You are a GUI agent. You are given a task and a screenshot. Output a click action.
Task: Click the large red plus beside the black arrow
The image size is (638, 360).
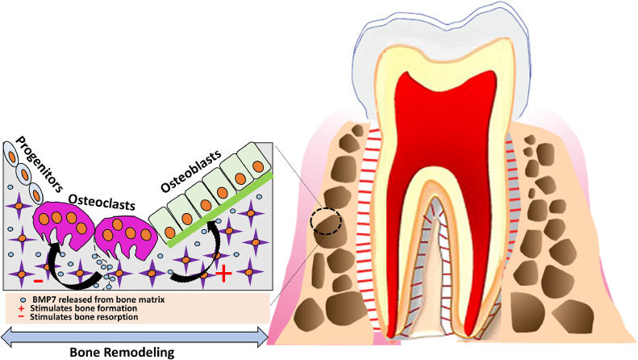224,274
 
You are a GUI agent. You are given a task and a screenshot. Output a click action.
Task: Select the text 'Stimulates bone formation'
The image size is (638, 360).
81,308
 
